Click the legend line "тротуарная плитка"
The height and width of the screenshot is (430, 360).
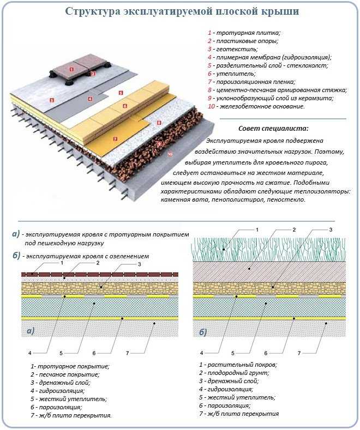point(244,33)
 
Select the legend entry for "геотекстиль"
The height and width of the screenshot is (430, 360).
point(233,50)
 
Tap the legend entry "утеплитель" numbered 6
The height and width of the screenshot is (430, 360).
point(232,74)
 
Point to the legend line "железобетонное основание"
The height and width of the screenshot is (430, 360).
point(256,106)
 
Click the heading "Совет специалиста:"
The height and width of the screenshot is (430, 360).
point(273,128)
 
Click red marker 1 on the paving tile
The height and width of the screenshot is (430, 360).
point(71,69)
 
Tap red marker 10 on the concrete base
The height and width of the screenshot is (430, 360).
point(170,154)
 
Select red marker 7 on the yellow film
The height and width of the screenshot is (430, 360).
point(115,139)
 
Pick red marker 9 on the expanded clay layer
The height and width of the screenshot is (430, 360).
point(159,143)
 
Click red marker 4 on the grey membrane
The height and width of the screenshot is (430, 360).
point(90,99)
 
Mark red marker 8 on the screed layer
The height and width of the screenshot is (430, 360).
point(159,123)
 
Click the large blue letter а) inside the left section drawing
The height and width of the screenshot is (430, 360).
point(31,331)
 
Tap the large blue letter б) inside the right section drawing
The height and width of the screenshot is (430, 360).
point(203,332)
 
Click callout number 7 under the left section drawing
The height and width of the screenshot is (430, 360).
point(127,353)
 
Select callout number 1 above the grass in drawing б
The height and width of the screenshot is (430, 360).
point(257,230)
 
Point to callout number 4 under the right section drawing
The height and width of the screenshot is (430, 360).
point(202,353)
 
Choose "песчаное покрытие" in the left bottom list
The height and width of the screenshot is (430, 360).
point(69,374)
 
